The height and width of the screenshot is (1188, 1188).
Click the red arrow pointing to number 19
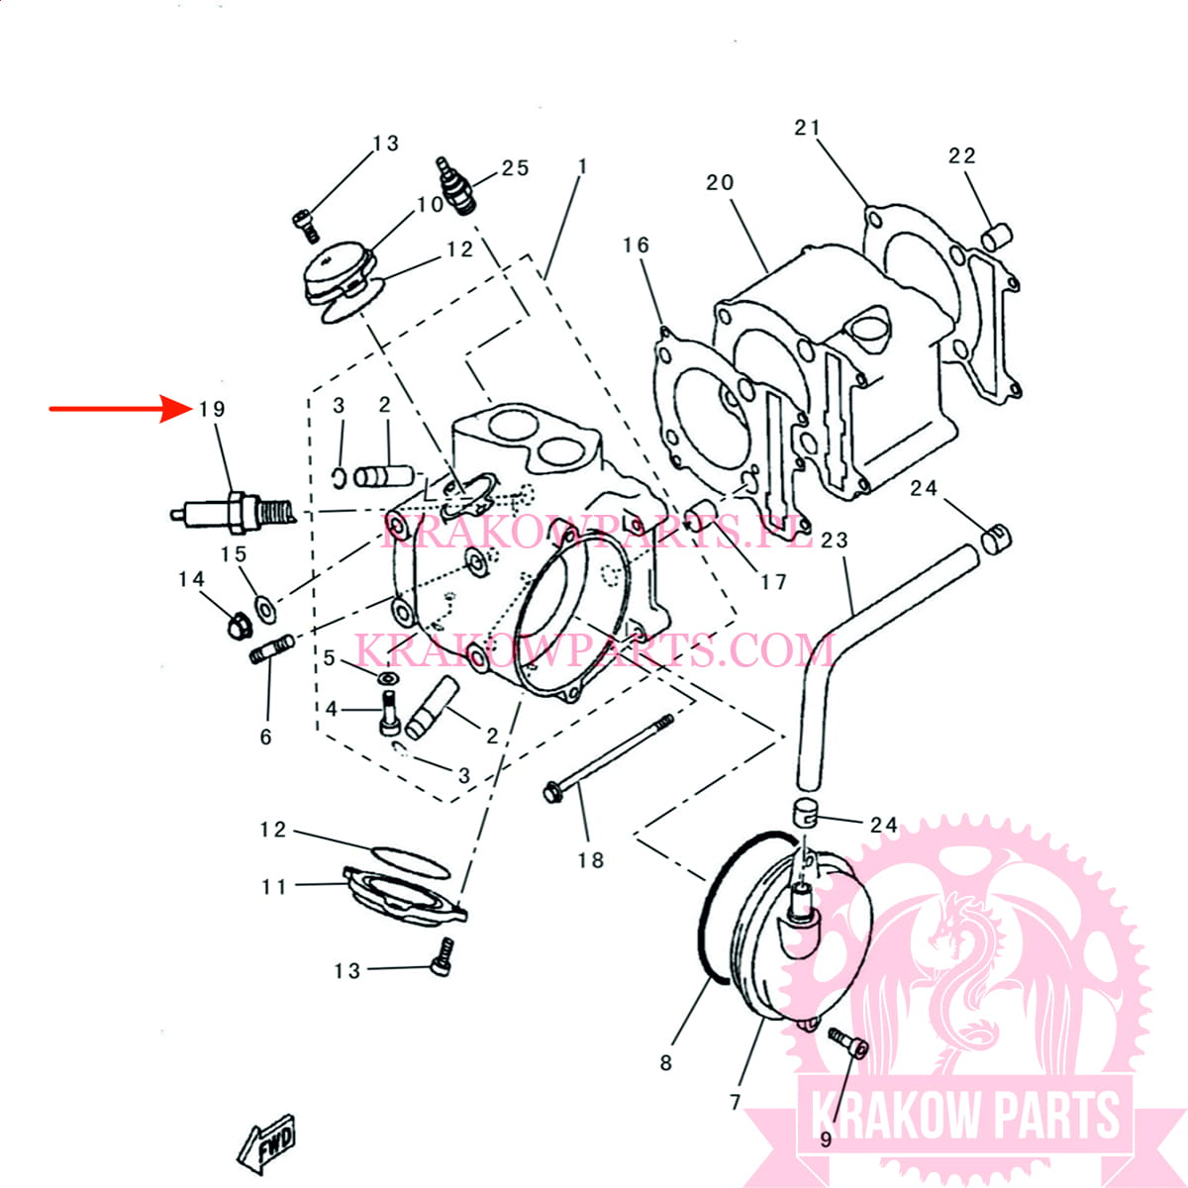(x=120, y=409)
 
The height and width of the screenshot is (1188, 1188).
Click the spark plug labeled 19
(x=234, y=512)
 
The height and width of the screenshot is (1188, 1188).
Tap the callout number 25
(x=515, y=168)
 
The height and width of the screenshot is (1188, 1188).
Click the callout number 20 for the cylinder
(x=720, y=182)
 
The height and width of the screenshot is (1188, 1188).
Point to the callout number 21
(x=807, y=128)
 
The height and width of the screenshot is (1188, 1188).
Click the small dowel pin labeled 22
(x=997, y=238)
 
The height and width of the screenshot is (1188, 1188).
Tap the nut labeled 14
(x=240, y=627)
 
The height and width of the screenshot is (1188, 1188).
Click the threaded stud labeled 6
(x=272, y=649)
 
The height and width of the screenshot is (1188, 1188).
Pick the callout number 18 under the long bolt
(x=590, y=860)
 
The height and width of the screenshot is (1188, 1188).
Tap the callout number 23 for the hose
(x=835, y=541)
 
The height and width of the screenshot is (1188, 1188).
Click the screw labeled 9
(x=848, y=1043)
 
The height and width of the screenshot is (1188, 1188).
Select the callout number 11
(x=273, y=887)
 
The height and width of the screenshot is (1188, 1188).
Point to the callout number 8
(x=665, y=1063)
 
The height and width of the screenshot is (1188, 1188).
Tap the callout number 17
(x=774, y=582)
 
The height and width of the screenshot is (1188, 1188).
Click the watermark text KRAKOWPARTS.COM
(x=596, y=651)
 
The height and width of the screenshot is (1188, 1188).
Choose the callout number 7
(x=735, y=1102)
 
